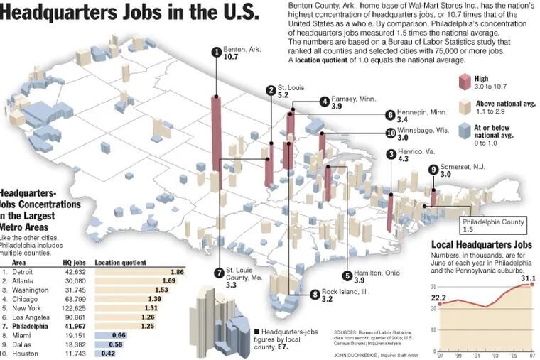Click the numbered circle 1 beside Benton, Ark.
[216, 50]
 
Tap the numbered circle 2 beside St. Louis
[271, 89]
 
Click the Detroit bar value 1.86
[177, 272]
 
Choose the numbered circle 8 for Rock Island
[315, 294]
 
